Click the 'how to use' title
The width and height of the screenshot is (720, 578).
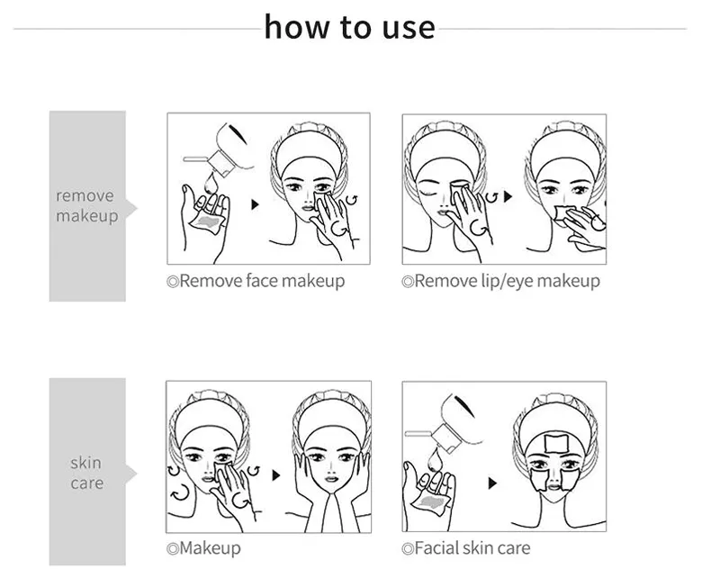(349, 27)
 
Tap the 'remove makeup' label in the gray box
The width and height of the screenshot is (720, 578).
(86, 205)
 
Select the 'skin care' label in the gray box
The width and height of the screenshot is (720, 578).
(86, 473)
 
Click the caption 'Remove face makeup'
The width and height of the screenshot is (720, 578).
(256, 281)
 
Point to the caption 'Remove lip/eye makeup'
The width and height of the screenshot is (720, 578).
(501, 281)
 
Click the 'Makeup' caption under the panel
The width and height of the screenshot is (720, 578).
(204, 548)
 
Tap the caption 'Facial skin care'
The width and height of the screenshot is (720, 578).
(466, 547)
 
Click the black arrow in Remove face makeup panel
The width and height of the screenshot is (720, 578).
(255, 204)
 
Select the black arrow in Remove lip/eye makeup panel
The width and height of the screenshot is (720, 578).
(508, 196)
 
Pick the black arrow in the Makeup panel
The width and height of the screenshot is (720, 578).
(276, 475)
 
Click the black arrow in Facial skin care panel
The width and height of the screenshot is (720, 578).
(492, 483)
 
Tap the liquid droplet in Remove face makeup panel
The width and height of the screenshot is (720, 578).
(211, 184)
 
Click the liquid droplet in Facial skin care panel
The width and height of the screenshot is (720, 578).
(435, 460)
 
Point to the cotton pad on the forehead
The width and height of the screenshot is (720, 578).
(556, 443)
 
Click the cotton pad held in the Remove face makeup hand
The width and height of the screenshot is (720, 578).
(207, 221)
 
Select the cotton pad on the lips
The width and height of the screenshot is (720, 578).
(562, 215)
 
